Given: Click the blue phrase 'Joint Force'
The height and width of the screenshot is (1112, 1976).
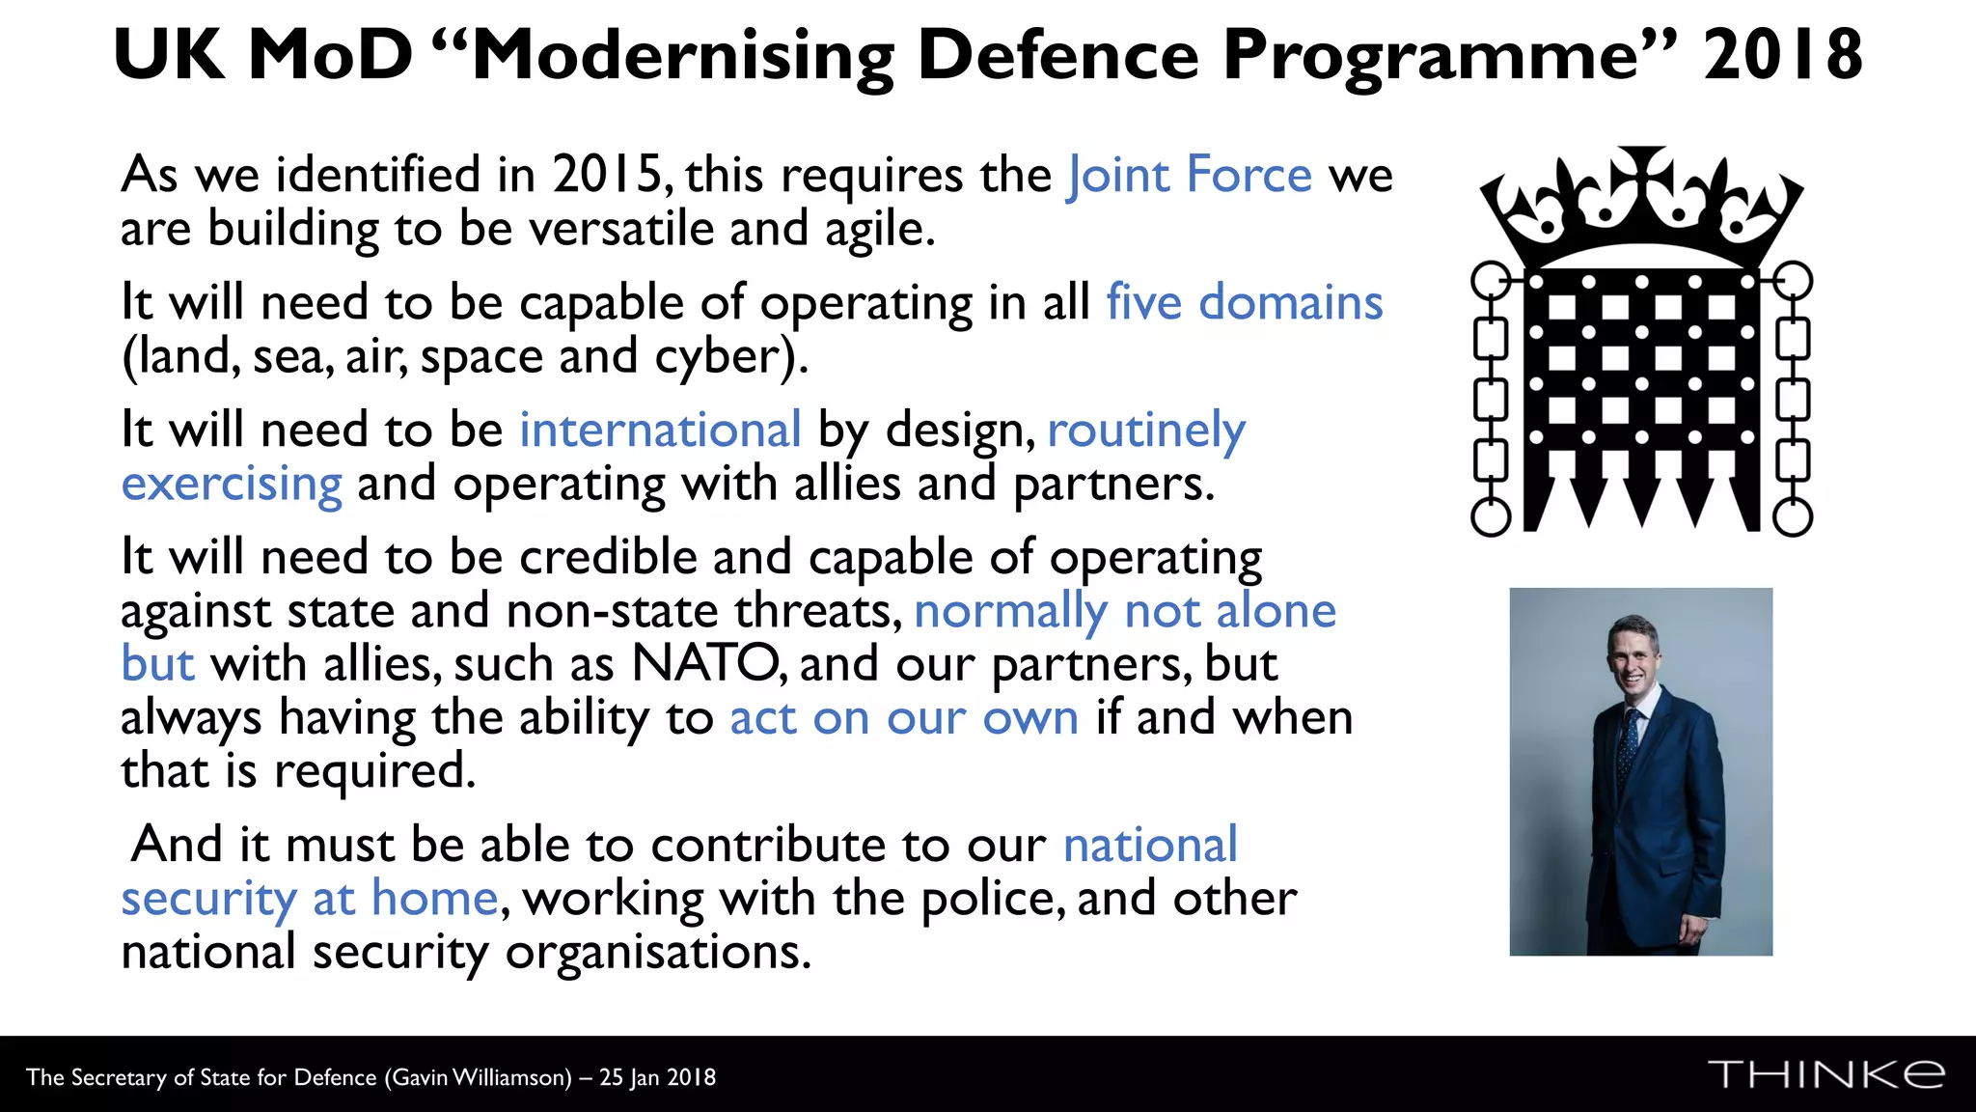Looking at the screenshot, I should [1189, 176].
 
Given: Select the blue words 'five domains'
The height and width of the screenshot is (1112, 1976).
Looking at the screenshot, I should [1244, 303].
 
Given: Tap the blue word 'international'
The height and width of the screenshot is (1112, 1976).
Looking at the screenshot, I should [660, 431].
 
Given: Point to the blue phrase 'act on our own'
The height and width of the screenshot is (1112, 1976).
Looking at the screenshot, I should [903, 718].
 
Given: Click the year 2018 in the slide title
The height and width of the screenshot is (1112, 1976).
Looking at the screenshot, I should [1782, 56].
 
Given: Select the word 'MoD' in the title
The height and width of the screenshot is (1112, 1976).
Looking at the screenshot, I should [331, 56].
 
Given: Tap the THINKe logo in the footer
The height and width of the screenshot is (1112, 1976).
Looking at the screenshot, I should [1825, 1074].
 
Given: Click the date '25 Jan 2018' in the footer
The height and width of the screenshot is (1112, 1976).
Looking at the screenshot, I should [657, 1078].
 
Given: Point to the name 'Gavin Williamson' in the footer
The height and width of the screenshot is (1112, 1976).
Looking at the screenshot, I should [479, 1078].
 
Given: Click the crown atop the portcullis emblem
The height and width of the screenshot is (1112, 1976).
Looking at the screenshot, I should [1641, 205].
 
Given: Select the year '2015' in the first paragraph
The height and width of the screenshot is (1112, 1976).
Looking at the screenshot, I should [607, 176].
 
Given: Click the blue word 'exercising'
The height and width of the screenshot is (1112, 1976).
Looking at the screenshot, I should [232, 484].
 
